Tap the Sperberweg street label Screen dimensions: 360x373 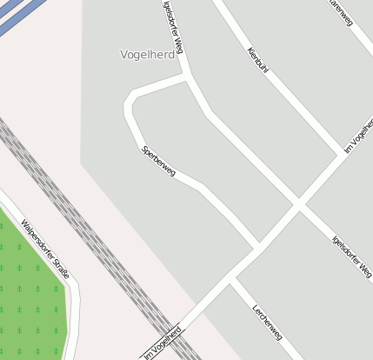[158, 162]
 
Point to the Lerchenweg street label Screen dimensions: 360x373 [267, 323]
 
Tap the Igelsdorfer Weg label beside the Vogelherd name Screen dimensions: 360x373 [173, 29]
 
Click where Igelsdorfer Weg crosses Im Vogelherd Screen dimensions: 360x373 [298, 205]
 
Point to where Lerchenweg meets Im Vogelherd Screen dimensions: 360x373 [231, 281]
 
